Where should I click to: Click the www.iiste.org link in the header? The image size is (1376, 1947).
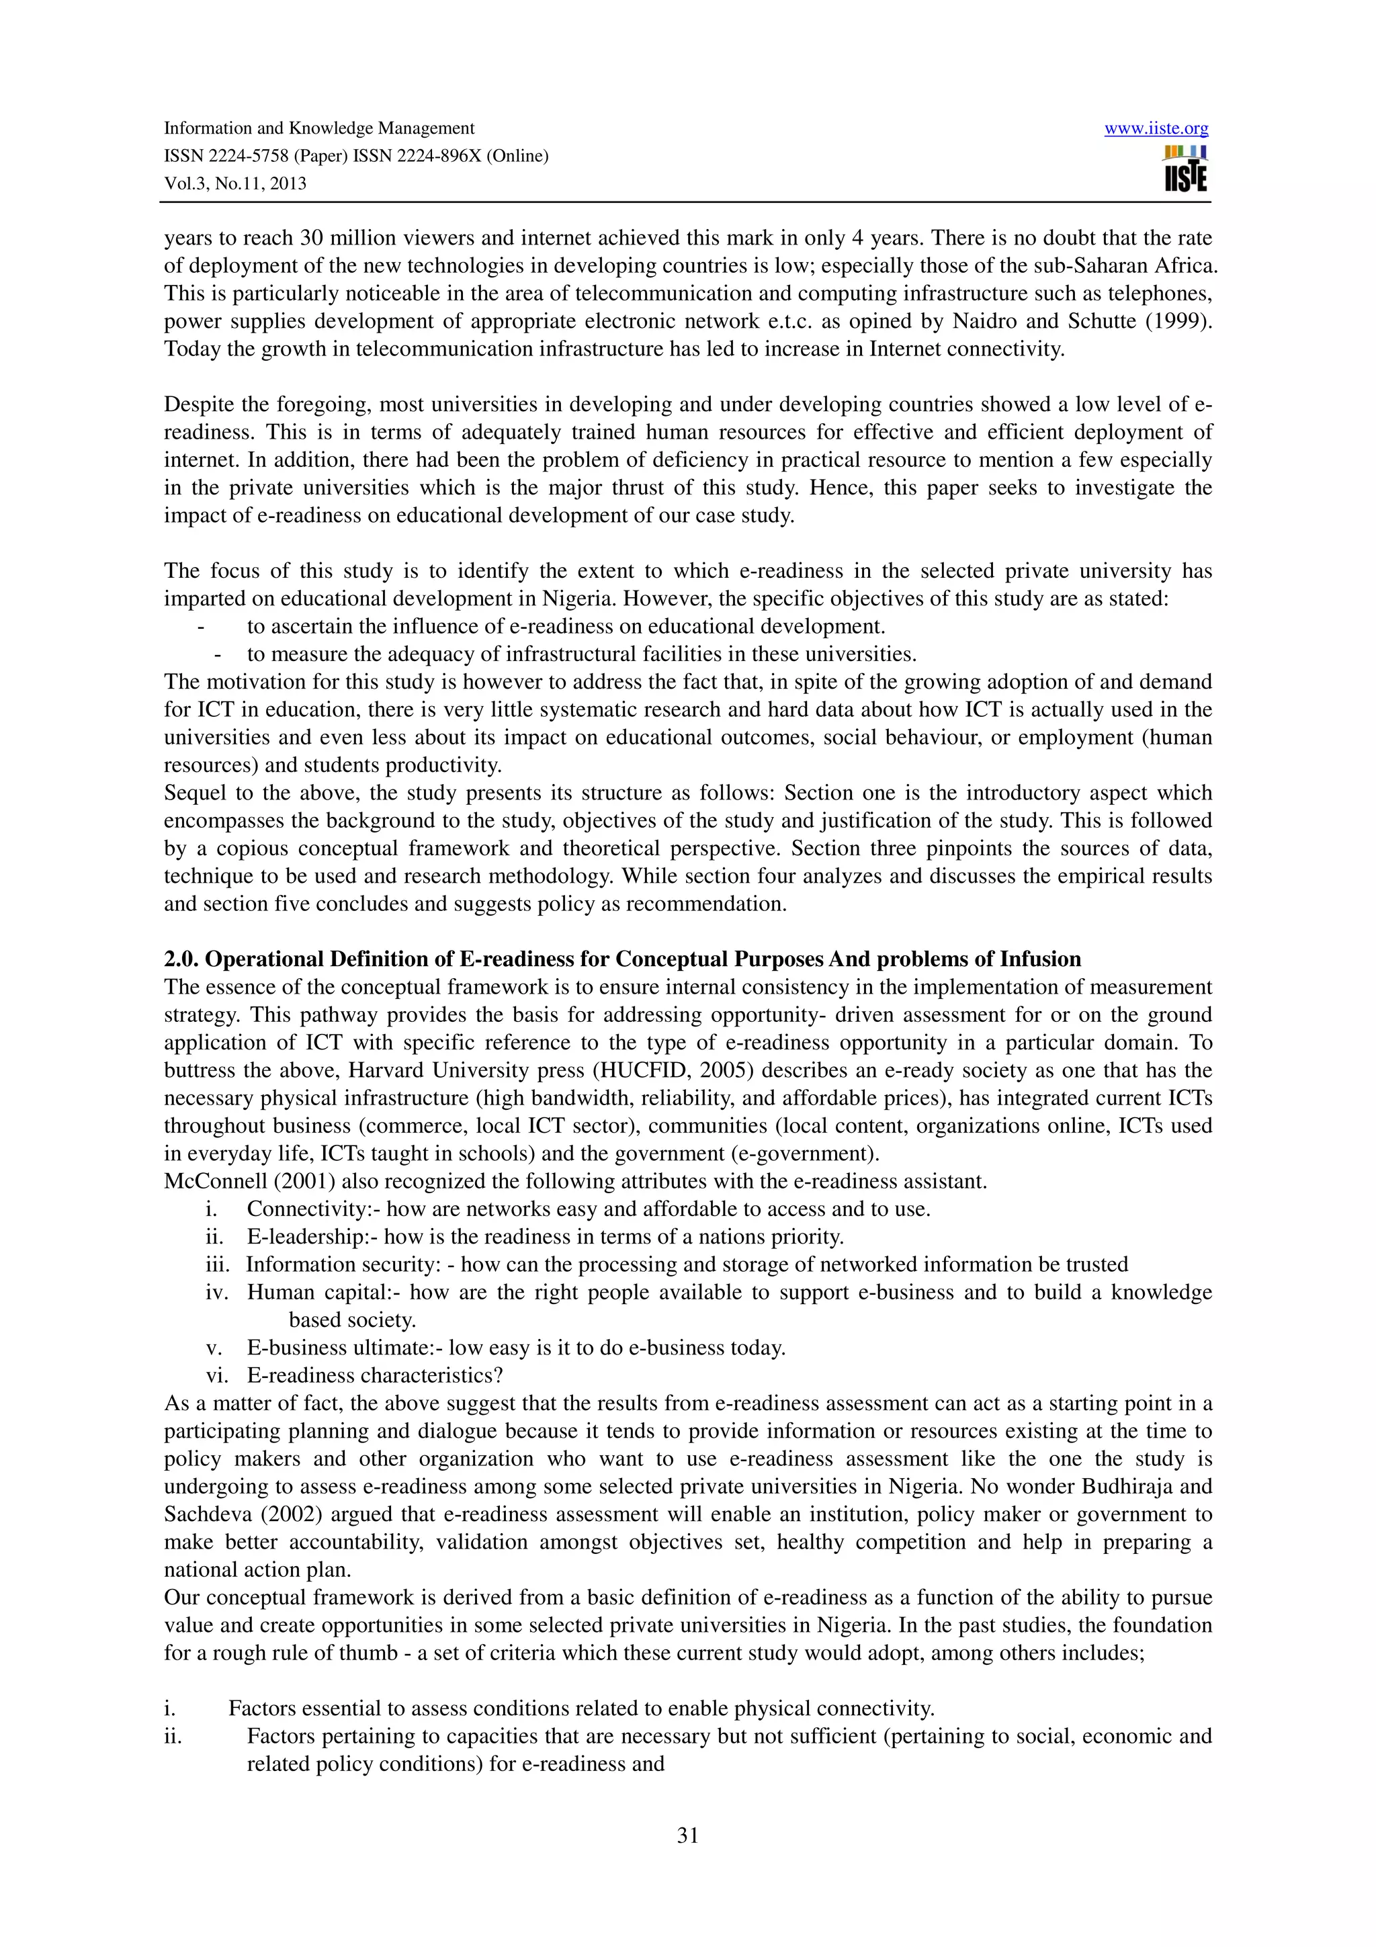(1156, 129)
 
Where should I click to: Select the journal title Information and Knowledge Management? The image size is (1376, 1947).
(318, 129)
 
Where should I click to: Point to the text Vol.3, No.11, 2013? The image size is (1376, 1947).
(235, 184)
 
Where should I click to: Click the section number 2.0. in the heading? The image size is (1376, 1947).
(181, 959)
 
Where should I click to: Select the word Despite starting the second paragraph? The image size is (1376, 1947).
(197, 404)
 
